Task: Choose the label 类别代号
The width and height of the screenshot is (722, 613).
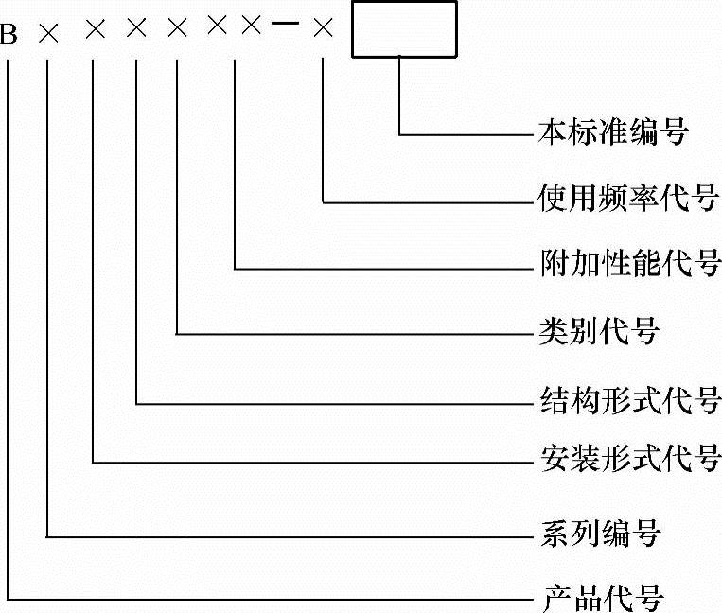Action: [x=598, y=333]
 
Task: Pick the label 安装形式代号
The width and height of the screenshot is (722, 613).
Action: [x=625, y=462]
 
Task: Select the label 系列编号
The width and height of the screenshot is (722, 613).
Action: [x=598, y=536]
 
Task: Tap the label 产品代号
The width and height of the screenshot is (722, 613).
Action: [x=603, y=598]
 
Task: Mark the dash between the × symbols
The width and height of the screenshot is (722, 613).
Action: [x=285, y=27]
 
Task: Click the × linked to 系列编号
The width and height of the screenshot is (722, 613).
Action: [x=48, y=35]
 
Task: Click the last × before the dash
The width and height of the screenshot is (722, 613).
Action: [x=250, y=27]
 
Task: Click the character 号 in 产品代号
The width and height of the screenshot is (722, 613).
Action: [x=649, y=598]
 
